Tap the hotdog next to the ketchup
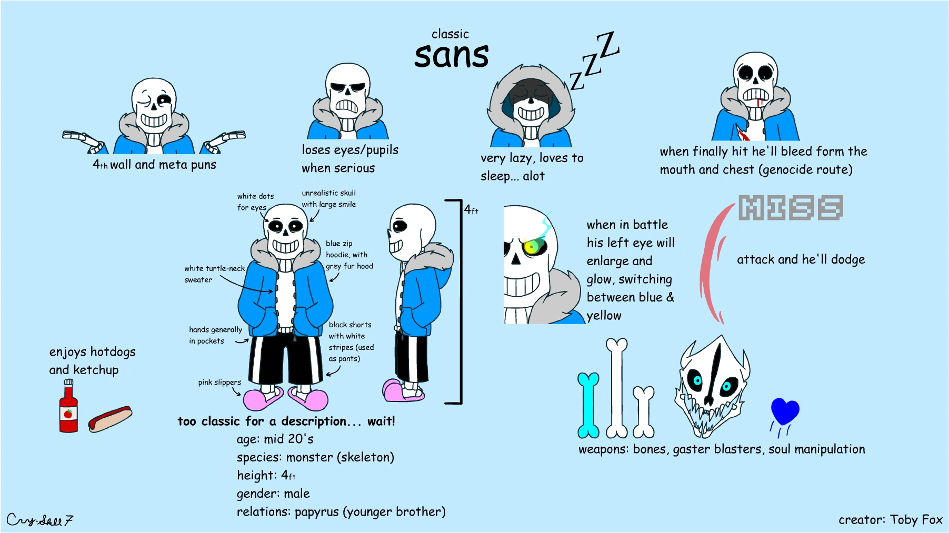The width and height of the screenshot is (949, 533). (110, 419)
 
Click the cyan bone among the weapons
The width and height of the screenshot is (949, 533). (588, 405)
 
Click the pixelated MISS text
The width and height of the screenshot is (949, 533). (791, 207)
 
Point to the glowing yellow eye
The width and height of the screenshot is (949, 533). (533, 246)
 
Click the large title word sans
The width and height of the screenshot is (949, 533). (452, 56)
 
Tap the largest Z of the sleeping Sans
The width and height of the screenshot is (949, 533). (608, 45)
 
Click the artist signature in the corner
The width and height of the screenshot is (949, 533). (39, 520)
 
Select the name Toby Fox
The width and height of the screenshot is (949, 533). (916, 520)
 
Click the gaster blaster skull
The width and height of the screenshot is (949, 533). (712, 387)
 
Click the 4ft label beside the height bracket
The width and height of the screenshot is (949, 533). (471, 209)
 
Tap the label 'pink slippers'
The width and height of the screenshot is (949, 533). (219, 383)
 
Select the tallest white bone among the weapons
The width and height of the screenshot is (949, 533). (617, 388)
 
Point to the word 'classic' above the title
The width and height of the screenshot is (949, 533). (450, 34)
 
